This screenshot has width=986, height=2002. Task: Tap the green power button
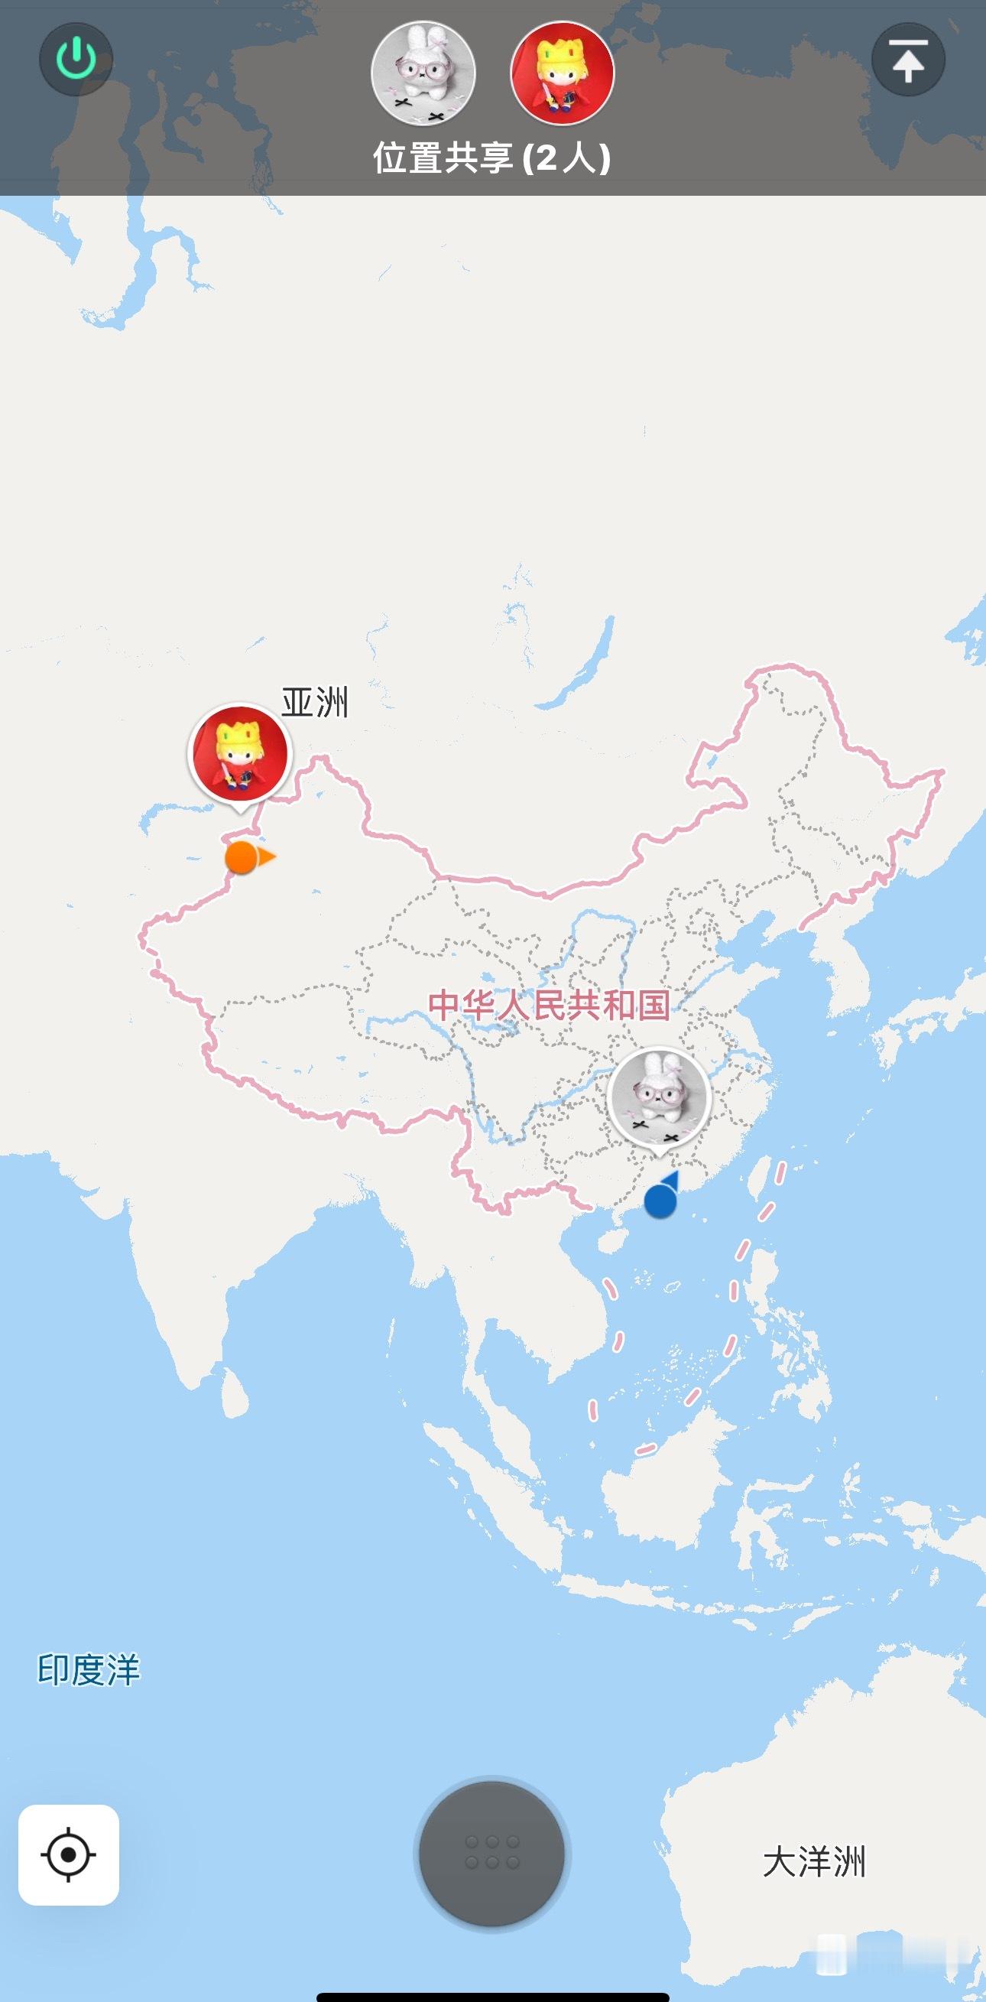coord(76,60)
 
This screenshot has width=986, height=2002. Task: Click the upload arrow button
coord(907,60)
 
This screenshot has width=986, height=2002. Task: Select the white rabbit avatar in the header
coord(423,73)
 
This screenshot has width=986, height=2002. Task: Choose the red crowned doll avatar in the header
coord(562,73)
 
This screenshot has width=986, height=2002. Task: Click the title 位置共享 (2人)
coord(491,158)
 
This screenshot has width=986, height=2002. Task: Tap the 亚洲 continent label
coord(315,703)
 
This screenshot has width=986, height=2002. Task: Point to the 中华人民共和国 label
coord(549,1004)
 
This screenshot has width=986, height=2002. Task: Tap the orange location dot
coord(241,857)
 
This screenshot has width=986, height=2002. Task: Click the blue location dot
coord(660,1201)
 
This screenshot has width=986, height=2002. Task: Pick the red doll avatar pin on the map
coord(240,753)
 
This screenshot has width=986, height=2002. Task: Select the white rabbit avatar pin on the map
coord(660,1097)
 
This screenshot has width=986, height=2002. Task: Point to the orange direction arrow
coord(268,857)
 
